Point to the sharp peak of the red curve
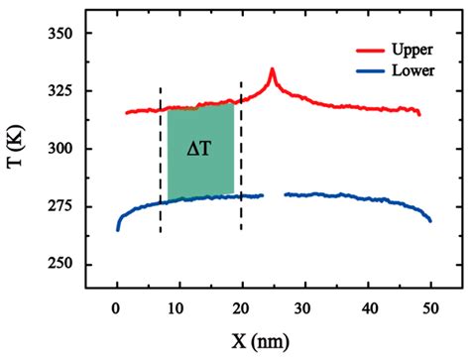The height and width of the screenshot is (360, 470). pos(272,70)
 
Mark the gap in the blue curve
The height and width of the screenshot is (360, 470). pos(274,195)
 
